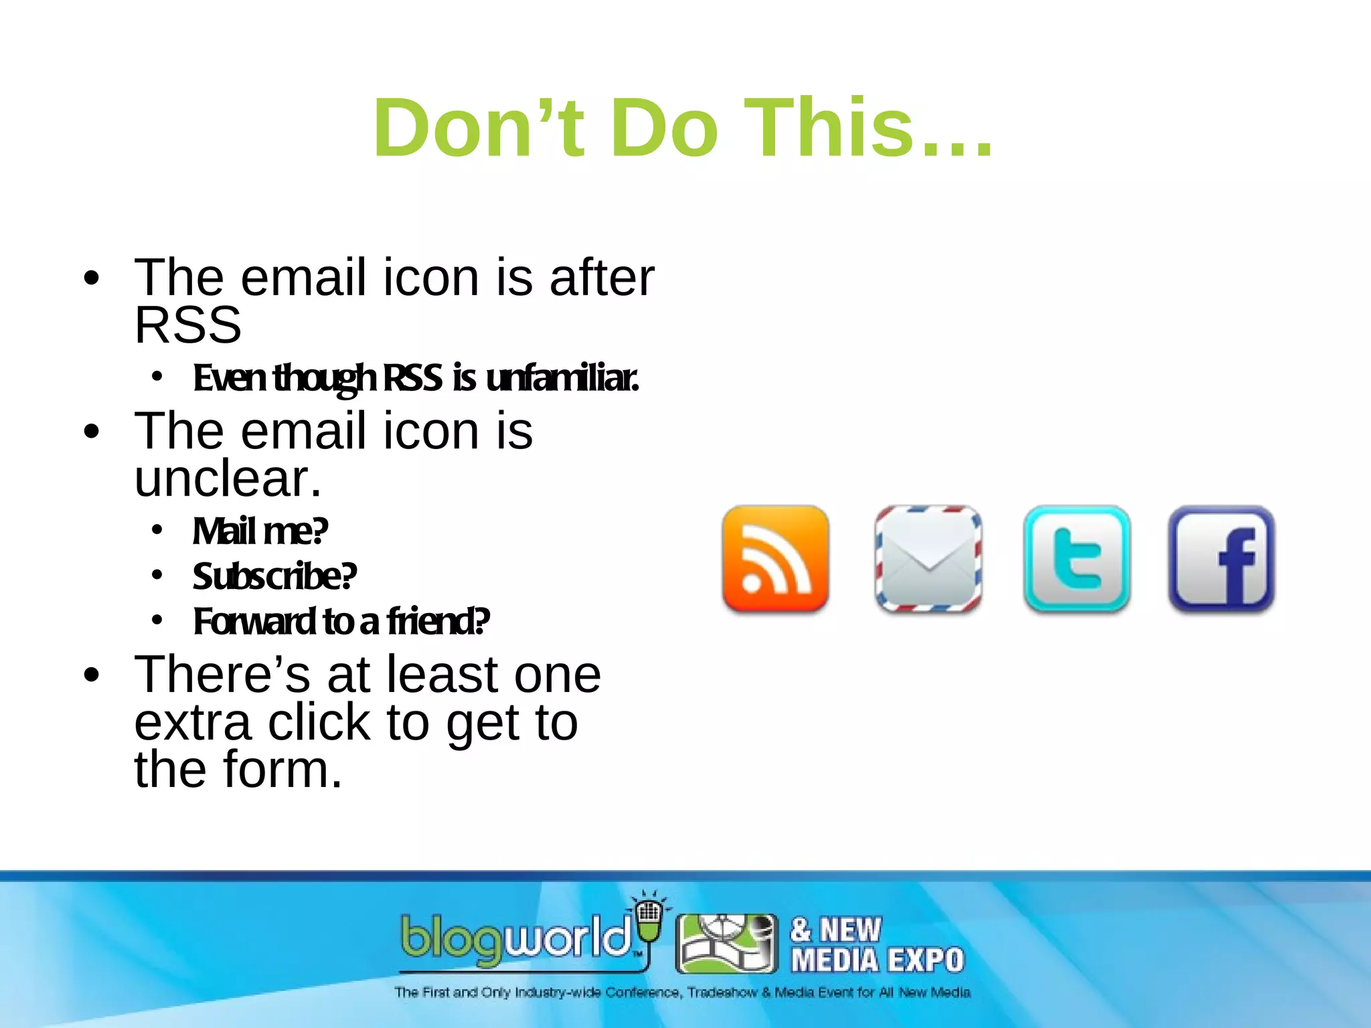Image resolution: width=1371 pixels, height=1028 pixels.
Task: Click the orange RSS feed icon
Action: [x=775, y=559]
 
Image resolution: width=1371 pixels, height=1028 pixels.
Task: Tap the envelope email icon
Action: [x=928, y=559]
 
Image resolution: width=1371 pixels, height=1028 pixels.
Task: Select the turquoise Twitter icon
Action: [x=1076, y=559]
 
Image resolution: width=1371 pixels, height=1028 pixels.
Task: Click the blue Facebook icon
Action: [x=1221, y=559]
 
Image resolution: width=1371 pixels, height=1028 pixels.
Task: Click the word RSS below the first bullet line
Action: [x=187, y=326]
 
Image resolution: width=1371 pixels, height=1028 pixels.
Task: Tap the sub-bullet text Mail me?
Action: [x=260, y=531]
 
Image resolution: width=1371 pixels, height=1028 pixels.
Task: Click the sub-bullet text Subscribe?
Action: [x=274, y=576]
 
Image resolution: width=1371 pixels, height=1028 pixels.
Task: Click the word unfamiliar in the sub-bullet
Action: [x=562, y=378]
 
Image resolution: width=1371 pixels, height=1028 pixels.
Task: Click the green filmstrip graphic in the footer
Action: [x=726, y=944]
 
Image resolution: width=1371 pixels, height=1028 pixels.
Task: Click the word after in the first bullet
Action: [x=601, y=278]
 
